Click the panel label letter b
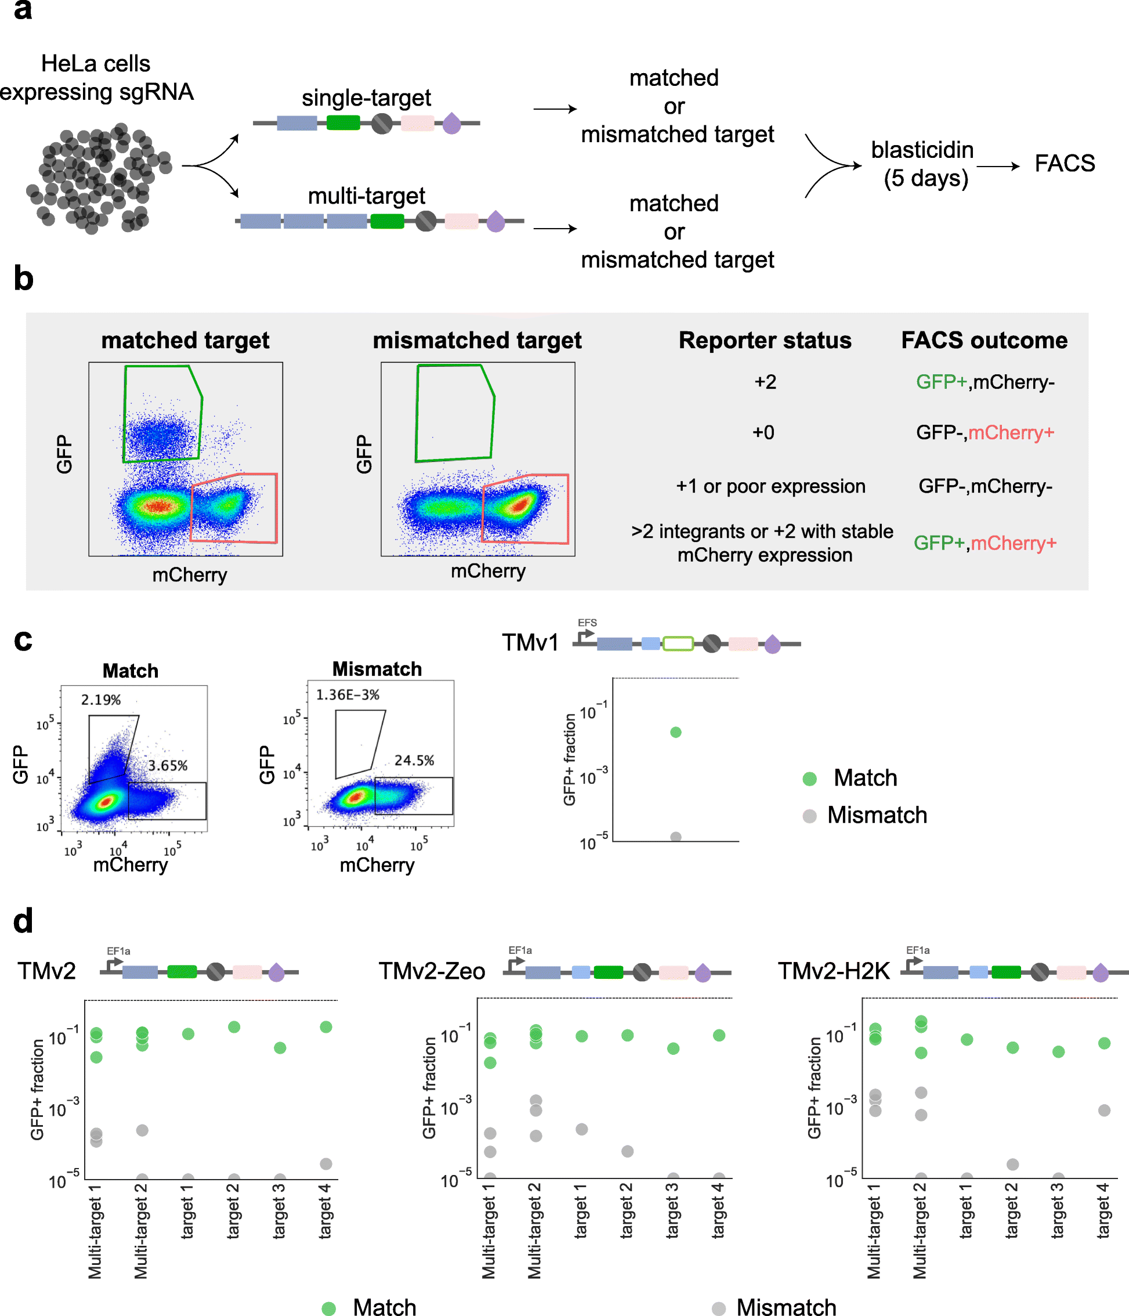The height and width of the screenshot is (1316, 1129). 23,279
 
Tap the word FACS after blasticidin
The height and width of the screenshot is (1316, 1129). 1064,163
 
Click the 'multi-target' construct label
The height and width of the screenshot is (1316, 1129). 367,196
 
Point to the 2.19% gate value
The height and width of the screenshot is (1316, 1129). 100,700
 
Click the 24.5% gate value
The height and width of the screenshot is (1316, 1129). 414,760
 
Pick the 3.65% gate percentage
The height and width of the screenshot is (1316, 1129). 168,765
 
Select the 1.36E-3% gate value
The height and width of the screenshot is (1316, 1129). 348,695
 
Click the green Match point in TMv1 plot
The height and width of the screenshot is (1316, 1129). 676,732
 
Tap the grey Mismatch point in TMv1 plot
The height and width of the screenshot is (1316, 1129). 676,837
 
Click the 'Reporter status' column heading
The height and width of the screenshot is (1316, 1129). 765,341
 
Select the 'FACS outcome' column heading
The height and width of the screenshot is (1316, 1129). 984,341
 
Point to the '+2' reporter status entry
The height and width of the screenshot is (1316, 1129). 765,382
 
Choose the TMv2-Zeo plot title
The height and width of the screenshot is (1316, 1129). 432,971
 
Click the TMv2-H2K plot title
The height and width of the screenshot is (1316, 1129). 834,971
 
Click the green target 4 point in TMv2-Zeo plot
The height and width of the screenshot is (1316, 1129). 719,1035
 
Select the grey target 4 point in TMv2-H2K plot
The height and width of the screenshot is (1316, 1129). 1104,1110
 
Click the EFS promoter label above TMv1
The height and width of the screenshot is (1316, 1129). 587,623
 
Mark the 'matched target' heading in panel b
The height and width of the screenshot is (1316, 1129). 186,341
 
